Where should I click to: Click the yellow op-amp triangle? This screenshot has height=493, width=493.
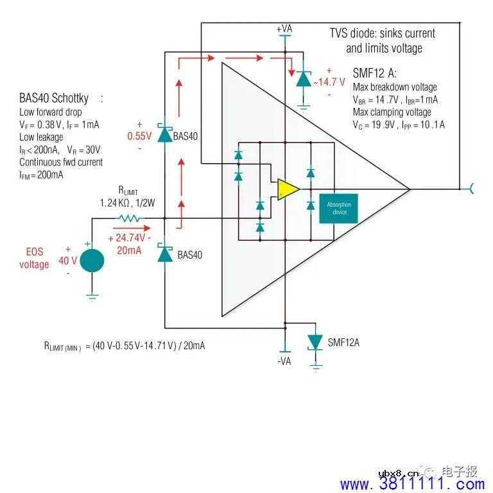pos(287,189)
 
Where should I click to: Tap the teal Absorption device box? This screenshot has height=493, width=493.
pos(339,209)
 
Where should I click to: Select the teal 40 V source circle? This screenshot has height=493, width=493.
pos(92,261)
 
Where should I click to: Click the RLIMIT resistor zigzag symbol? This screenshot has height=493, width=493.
pos(130,218)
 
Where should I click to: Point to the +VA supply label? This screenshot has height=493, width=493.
pos(284,29)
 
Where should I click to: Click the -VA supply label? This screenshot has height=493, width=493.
pos(284,361)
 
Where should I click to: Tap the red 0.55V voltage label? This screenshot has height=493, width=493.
pos(139,136)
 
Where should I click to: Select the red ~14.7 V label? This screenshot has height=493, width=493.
pos(329,82)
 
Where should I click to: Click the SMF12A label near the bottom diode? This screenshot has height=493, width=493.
pos(343,342)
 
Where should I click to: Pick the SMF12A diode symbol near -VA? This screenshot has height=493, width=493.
pos(315,342)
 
